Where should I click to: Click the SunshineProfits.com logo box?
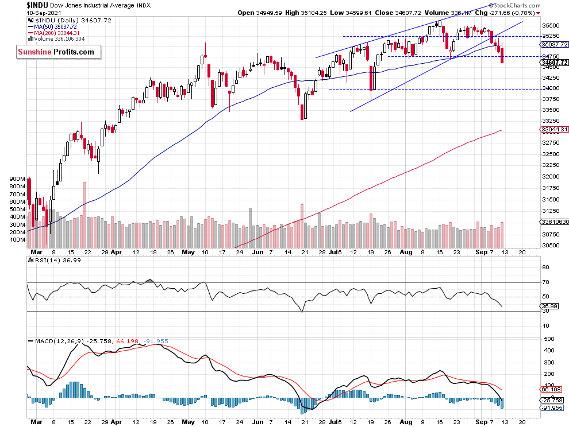click(x=58, y=52)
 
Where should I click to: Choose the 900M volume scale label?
click(x=18, y=179)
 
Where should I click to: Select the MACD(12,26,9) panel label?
click(x=57, y=340)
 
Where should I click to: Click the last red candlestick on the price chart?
click(x=502, y=56)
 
